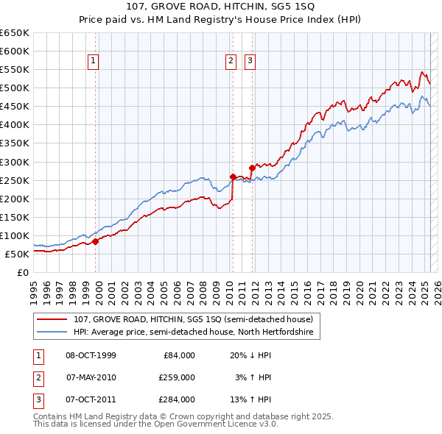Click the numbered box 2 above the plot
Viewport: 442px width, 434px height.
pyautogui.click(x=231, y=61)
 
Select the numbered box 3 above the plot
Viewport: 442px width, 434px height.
pyautogui.click(x=250, y=61)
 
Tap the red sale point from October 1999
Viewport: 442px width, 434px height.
pyautogui.click(x=95, y=241)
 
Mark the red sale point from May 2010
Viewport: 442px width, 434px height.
pyautogui.click(x=233, y=177)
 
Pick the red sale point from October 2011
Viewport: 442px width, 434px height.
pyautogui.click(x=251, y=168)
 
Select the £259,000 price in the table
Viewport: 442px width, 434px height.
pyautogui.click(x=177, y=377)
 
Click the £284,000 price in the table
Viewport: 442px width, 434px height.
pyautogui.click(x=177, y=399)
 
